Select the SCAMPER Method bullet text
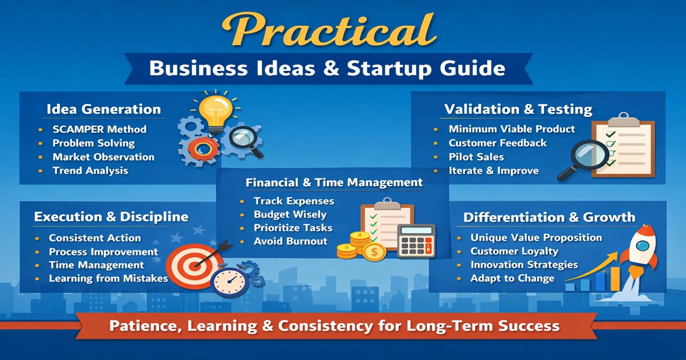tap(99, 129)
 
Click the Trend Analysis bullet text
tap(90, 170)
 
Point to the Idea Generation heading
tap(103, 109)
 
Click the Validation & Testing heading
tap(518, 109)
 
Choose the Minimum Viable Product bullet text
tap(512, 129)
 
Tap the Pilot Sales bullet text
tap(476, 157)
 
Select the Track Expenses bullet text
tap(294, 201)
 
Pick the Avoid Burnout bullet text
tap(290, 241)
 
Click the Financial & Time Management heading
tap(334, 183)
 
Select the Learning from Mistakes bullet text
tap(108, 279)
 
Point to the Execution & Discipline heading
tap(111, 217)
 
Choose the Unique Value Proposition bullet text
tap(536, 238)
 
